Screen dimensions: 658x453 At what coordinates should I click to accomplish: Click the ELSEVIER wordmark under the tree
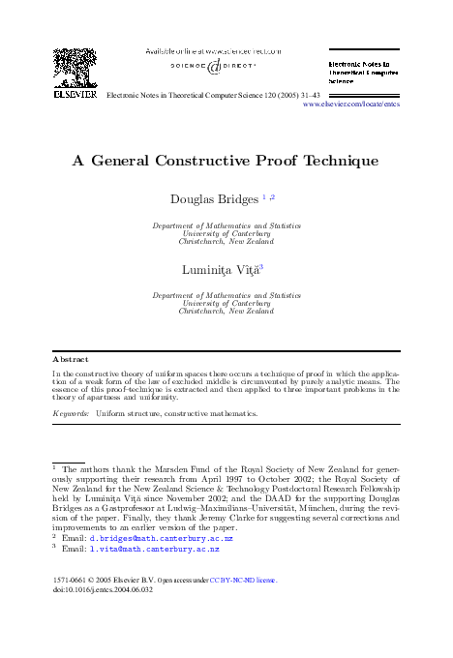pos(74,96)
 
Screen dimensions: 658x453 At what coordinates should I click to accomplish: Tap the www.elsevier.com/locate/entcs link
pos(351,105)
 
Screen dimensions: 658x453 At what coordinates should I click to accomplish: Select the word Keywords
pos(70,413)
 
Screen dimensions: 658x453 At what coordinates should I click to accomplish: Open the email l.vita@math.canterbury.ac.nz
pos(154,549)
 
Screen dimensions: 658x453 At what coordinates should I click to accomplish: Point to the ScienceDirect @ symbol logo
pos(214,66)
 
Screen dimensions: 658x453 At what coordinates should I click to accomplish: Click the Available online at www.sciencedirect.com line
pos(214,49)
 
